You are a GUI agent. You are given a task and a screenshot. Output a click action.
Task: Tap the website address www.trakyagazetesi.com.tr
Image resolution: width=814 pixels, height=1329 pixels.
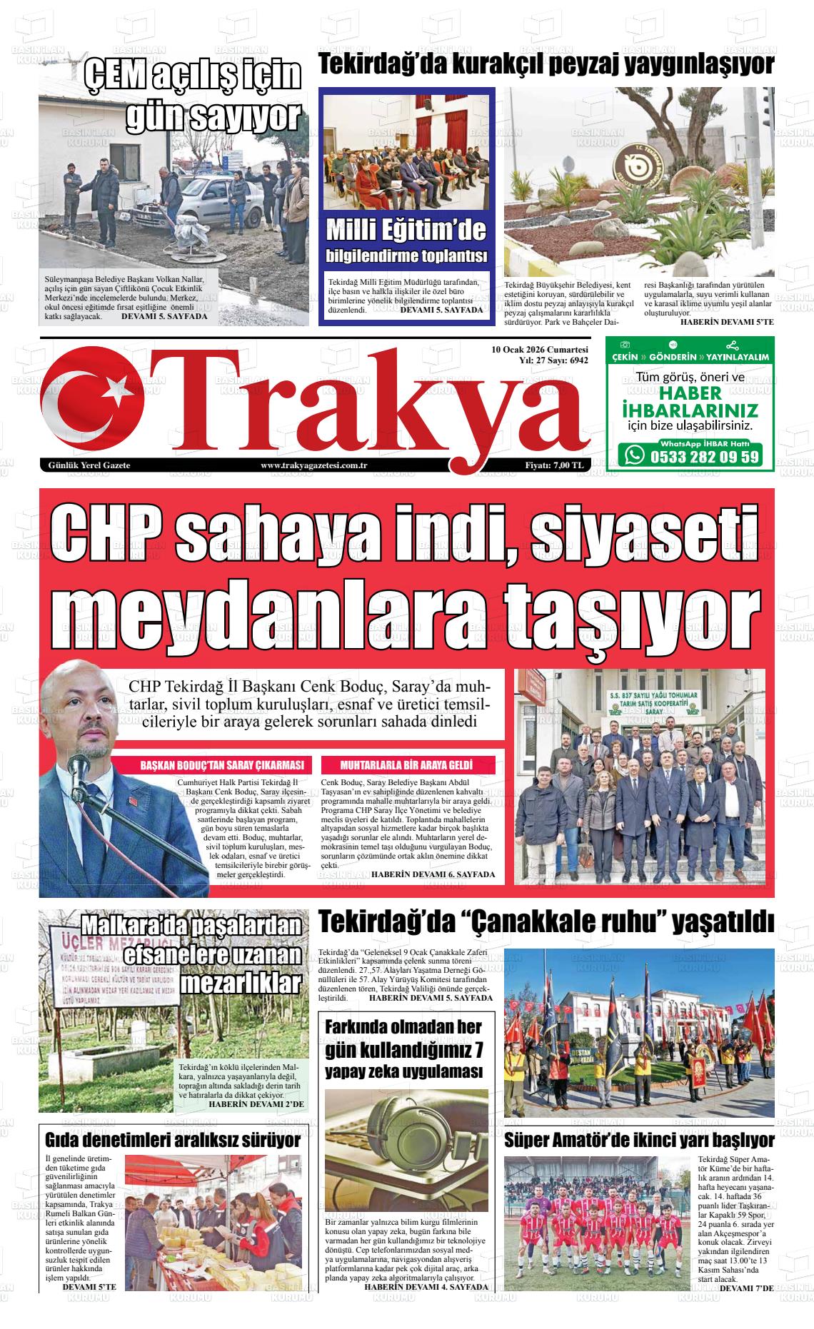314,466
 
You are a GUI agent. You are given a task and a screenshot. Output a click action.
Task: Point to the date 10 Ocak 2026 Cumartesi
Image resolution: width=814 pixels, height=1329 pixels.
540,350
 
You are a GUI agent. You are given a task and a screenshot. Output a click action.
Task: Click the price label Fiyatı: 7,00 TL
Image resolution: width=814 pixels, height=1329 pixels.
555,466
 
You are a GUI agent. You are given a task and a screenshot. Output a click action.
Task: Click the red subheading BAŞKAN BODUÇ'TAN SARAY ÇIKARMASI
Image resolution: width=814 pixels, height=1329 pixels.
223,765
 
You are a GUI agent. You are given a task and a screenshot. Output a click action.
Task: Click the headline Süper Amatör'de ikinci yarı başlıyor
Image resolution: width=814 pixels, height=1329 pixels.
639,1138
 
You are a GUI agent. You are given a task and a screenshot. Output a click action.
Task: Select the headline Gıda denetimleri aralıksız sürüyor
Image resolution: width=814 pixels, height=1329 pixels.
173,1140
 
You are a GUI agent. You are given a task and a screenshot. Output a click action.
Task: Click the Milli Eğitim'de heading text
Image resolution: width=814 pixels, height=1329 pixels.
406,231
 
